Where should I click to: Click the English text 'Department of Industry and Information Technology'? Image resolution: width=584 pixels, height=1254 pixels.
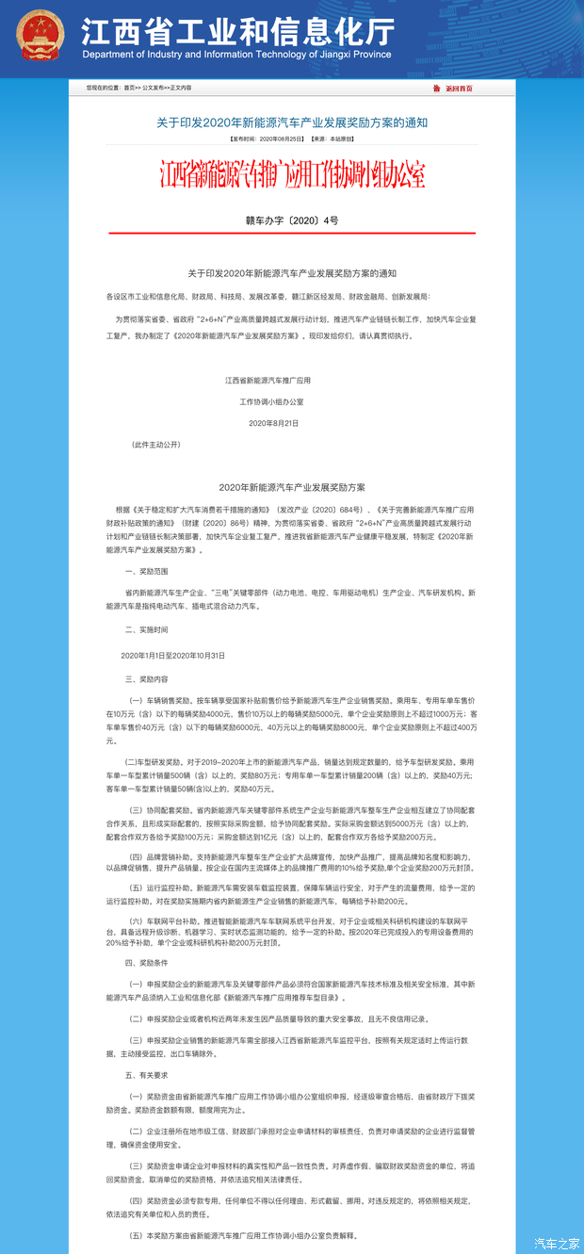coord(236,55)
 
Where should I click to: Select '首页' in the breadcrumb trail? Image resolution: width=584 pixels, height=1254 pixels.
coord(129,88)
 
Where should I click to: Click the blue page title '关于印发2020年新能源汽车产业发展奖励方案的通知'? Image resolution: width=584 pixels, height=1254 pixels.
coord(292,122)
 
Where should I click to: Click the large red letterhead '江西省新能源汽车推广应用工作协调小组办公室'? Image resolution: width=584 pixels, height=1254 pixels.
coord(292,175)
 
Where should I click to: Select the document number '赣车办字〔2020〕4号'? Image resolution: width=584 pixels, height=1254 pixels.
coord(292,220)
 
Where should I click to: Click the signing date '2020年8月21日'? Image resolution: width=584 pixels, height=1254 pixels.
coord(273,423)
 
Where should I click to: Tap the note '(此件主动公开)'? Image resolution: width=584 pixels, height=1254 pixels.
coord(156,443)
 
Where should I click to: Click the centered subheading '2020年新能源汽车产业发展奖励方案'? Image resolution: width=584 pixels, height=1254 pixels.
coord(292,487)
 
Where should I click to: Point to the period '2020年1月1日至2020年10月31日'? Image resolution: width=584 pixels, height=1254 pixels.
coord(173,654)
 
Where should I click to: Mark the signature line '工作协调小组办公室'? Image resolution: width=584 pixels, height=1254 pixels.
coord(271,401)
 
